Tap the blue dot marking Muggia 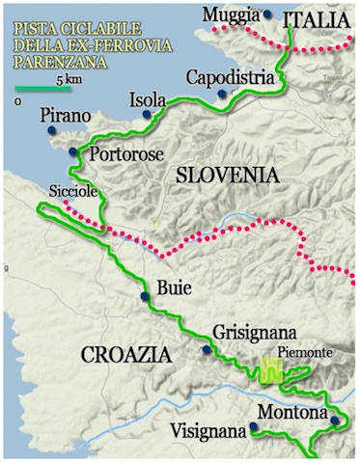click(x=267, y=15)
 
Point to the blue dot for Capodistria click(x=222, y=94)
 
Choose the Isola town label click(x=150, y=98)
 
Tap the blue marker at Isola click(x=147, y=115)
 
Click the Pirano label click(x=67, y=117)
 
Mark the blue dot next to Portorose click(x=73, y=152)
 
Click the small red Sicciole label click(x=74, y=192)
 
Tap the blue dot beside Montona click(x=334, y=421)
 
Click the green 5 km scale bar click(x=42, y=90)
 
